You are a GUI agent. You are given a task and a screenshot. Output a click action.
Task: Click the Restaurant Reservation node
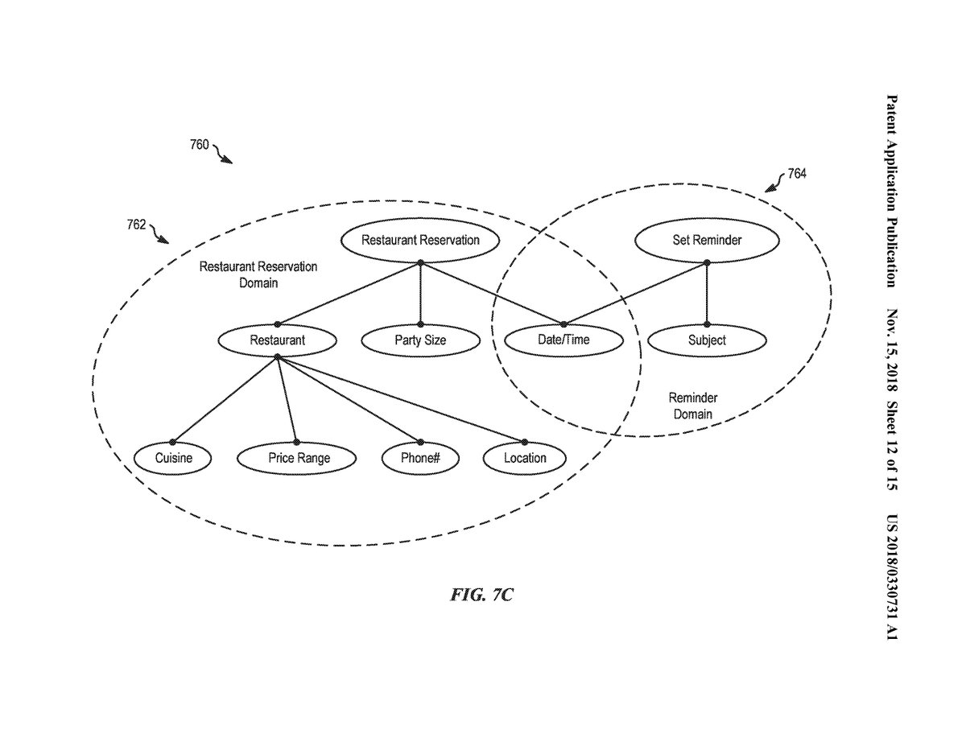(x=420, y=240)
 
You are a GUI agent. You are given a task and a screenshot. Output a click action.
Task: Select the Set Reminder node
(x=707, y=240)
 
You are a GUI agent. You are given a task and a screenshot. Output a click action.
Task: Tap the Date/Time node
(x=563, y=340)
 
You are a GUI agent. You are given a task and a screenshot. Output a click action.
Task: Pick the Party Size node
(x=420, y=340)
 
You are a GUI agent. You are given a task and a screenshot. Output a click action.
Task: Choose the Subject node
(x=707, y=340)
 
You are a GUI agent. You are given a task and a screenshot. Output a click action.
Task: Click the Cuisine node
(x=174, y=458)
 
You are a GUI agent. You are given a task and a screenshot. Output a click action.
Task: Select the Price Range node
(x=299, y=458)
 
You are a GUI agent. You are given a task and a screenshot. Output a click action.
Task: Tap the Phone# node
(x=420, y=458)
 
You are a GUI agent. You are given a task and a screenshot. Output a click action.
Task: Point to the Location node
(x=525, y=458)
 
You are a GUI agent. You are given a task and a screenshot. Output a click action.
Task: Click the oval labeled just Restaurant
(x=277, y=340)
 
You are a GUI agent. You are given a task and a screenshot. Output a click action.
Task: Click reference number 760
(x=199, y=145)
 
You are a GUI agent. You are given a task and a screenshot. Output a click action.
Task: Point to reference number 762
(x=136, y=225)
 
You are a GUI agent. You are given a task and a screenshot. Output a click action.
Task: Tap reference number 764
(x=796, y=173)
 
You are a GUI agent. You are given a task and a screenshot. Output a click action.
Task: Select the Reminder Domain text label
(x=692, y=406)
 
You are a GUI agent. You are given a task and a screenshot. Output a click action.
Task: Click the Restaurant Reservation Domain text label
(x=258, y=274)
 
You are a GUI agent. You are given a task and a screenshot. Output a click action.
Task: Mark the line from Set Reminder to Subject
(x=707, y=294)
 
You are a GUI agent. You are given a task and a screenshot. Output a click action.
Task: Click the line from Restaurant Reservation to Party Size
(x=420, y=294)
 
